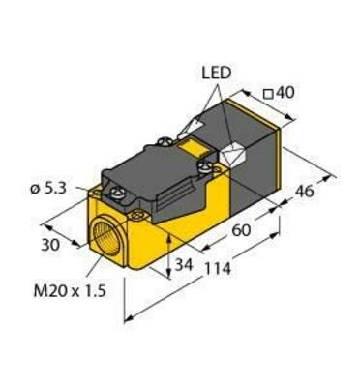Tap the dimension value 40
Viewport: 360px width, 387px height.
coord(287,94)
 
